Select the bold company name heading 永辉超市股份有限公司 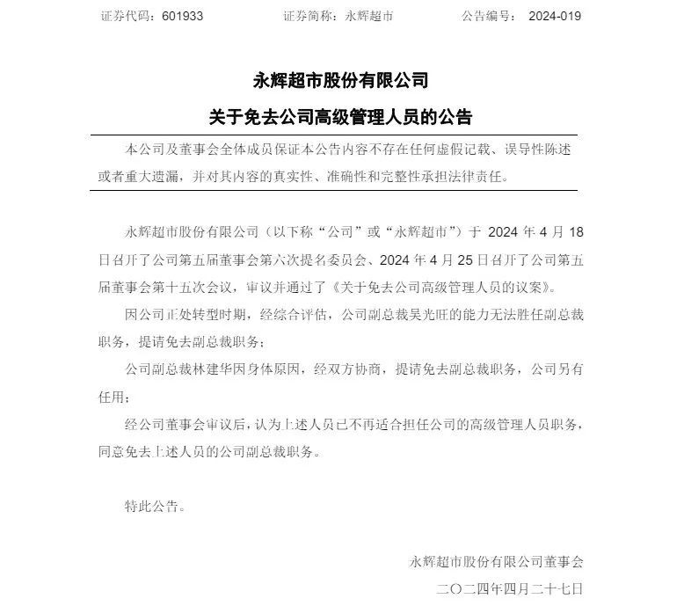pos(341,82)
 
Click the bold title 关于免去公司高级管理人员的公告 pos(341,116)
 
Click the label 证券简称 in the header pos(309,17)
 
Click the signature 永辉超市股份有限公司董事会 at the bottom pos(495,560)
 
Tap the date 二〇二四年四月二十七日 pos(509,587)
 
